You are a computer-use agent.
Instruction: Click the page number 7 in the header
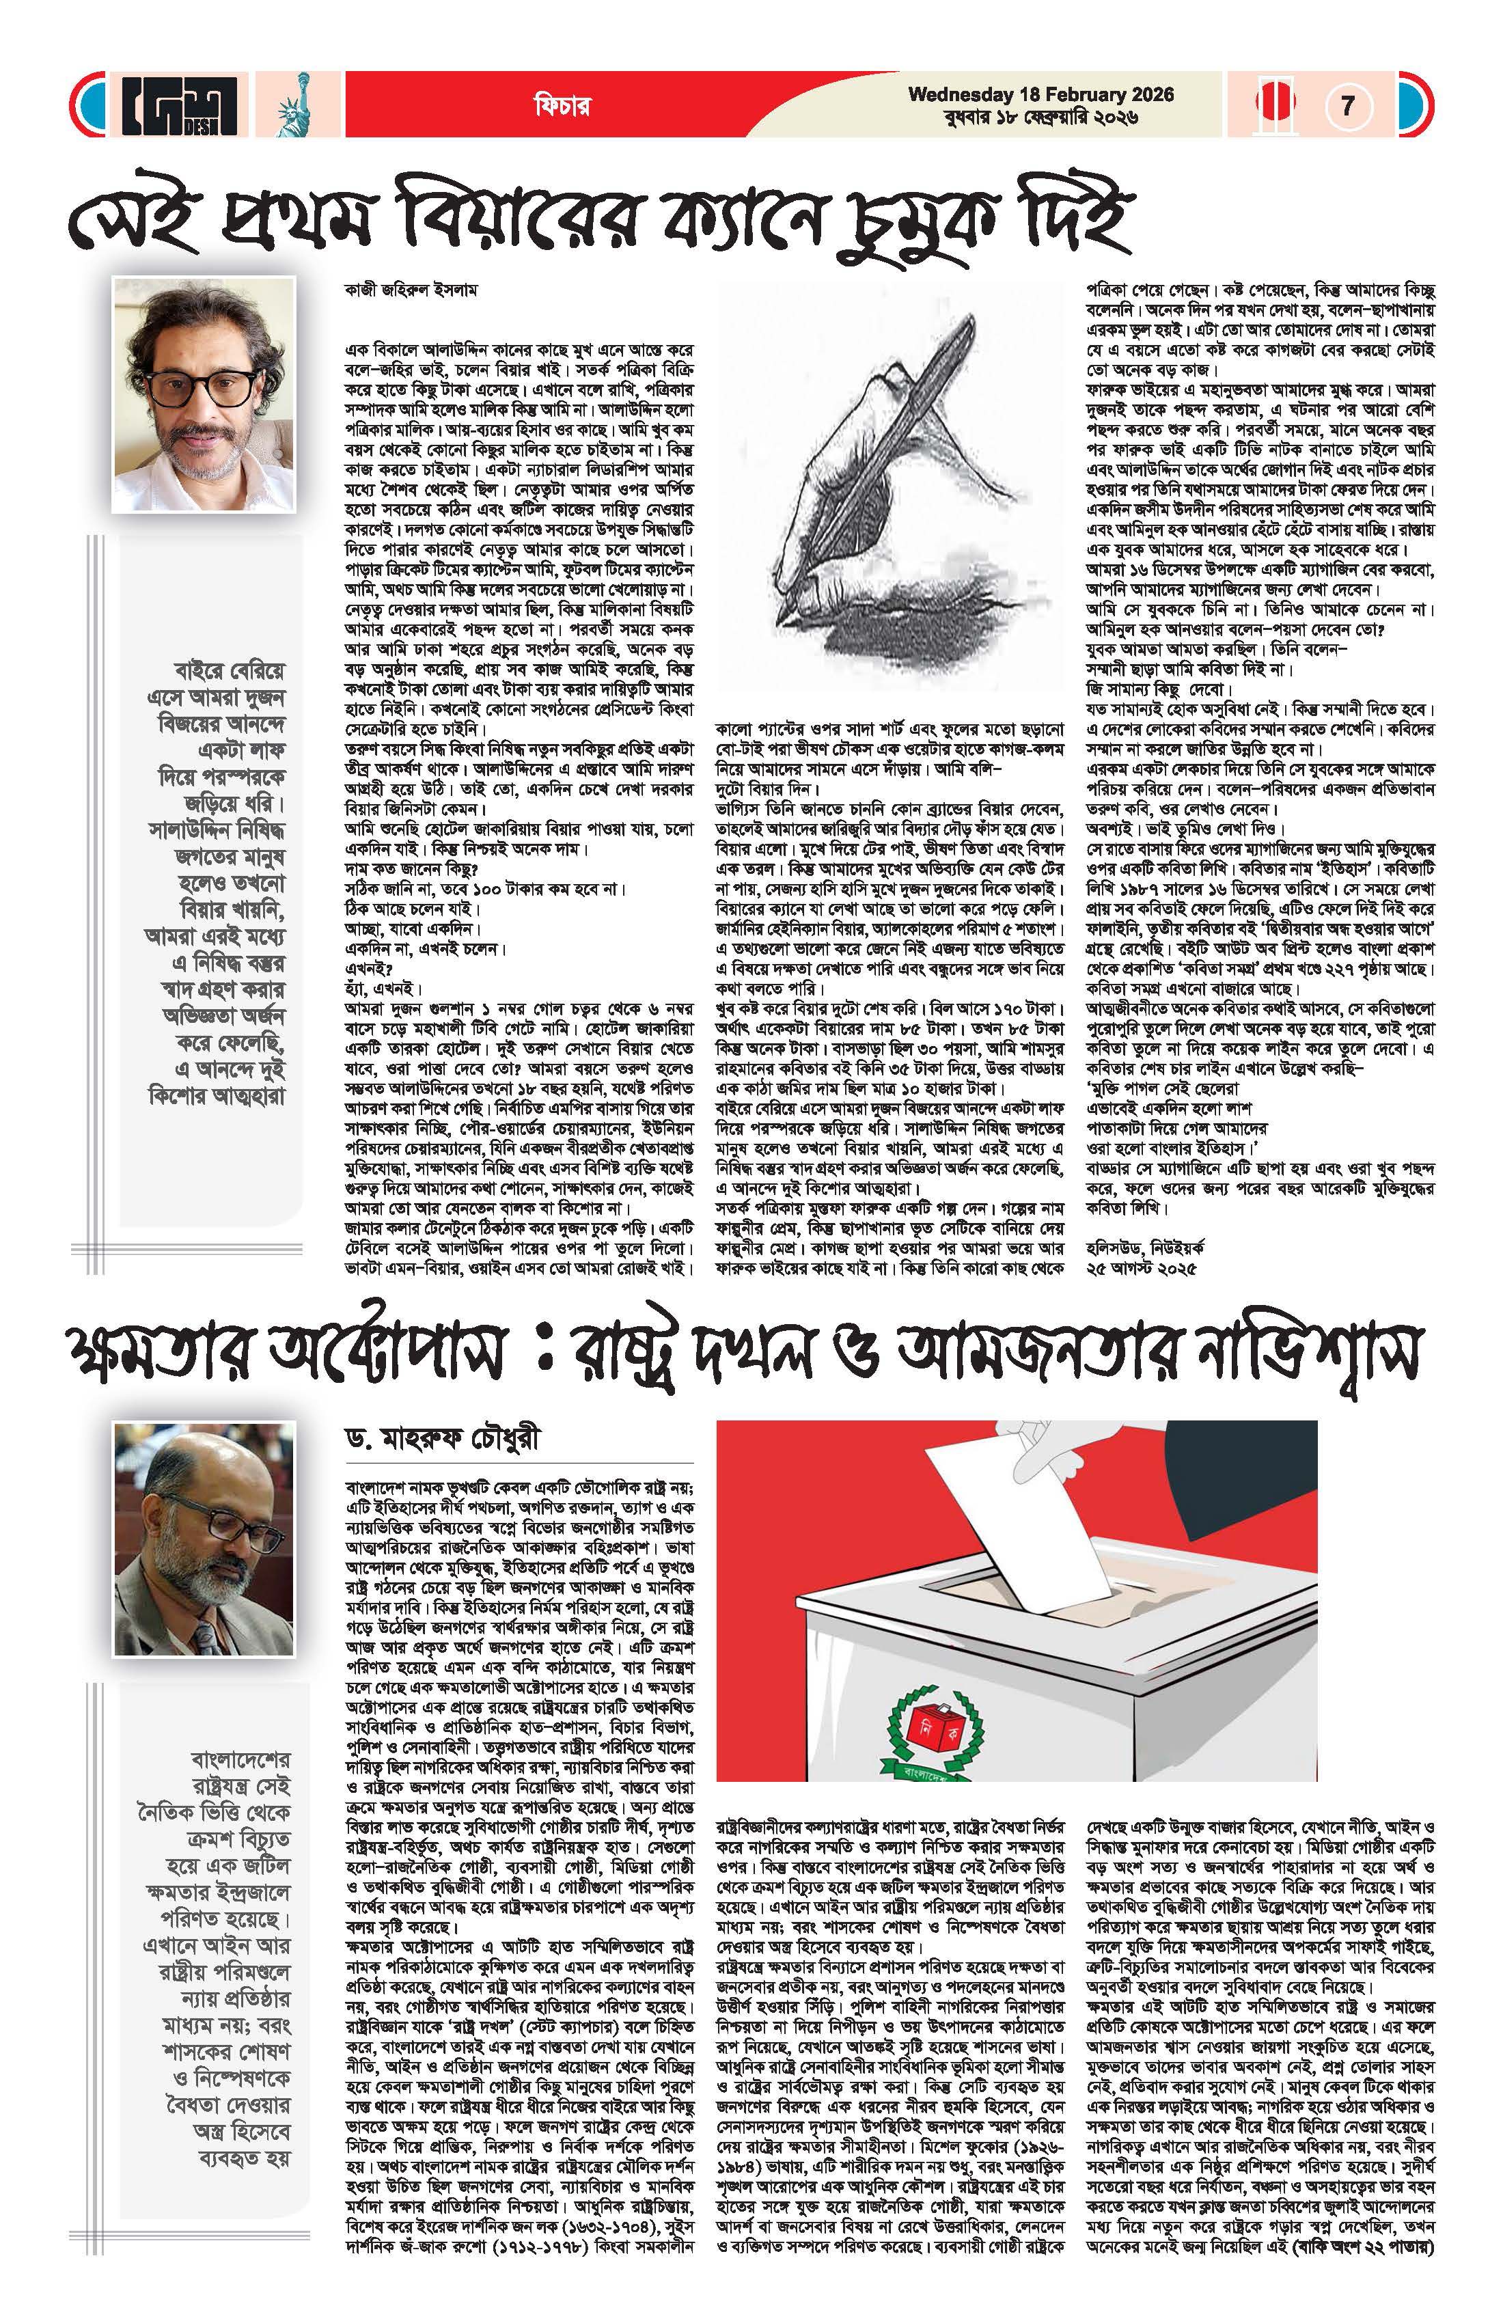[x=1348, y=105]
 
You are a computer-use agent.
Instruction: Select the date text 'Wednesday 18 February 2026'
[x=1040, y=95]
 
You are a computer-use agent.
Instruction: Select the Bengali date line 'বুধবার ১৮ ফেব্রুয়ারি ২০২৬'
[x=1040, y=118]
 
